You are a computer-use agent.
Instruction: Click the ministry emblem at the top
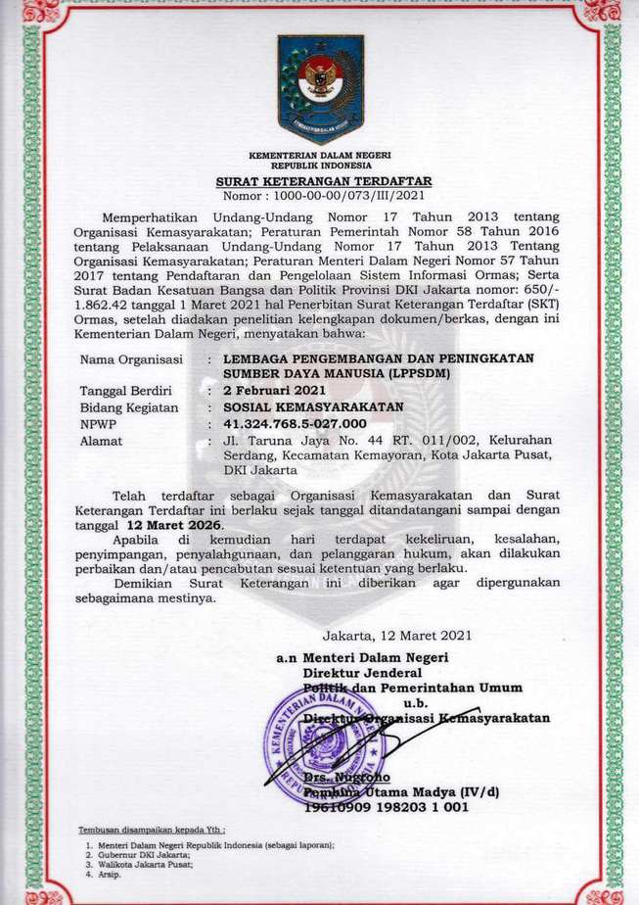(320, 88)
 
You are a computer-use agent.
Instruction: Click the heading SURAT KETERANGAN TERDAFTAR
(323, 182)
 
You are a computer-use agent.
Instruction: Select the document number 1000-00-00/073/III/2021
(324, 196)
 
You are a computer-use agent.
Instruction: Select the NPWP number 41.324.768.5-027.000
(295, 423)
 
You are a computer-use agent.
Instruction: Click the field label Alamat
(101, 440)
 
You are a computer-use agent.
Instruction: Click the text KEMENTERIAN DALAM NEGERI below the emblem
(320, 156)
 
